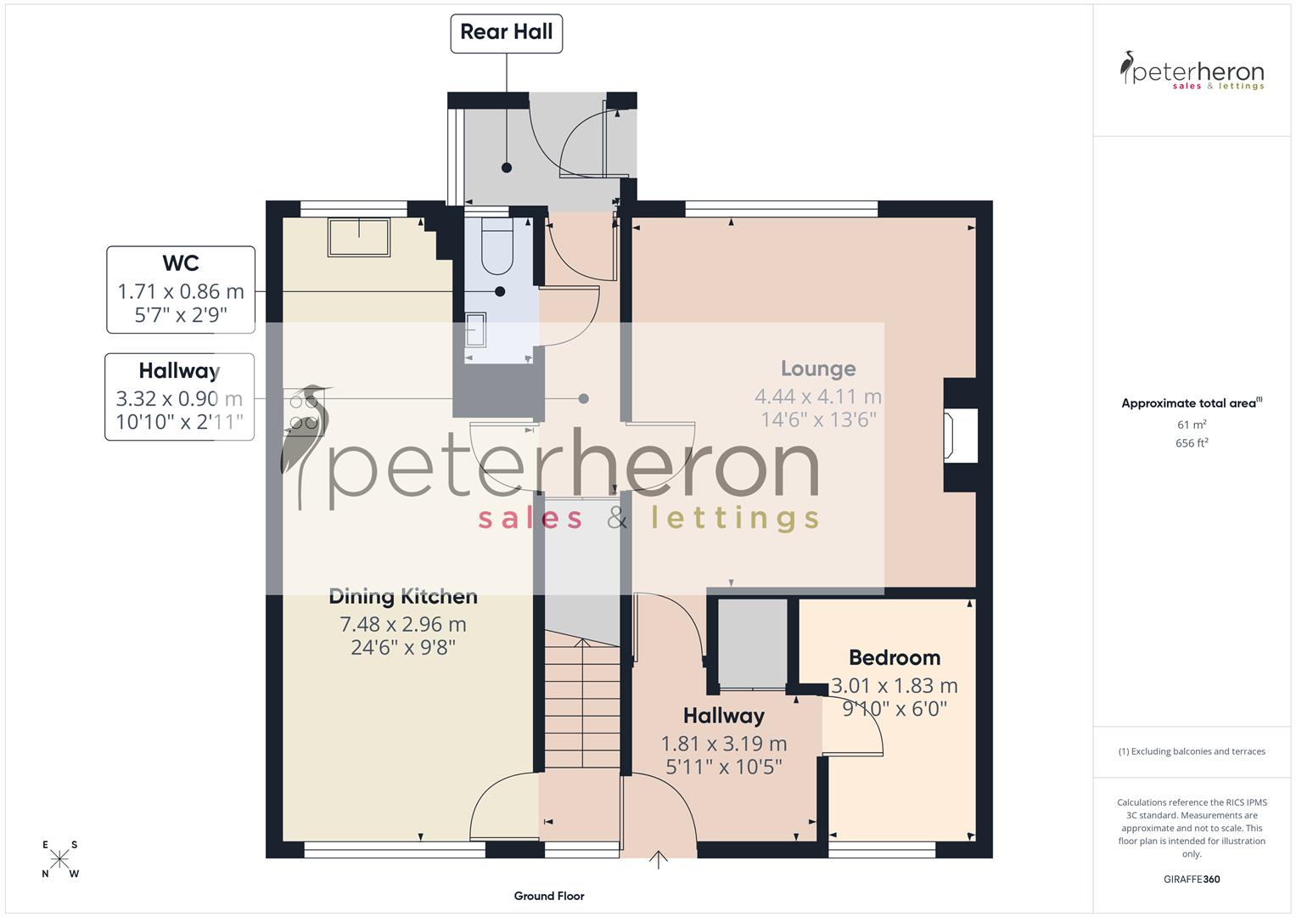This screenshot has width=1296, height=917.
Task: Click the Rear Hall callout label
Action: (x=506, y=33)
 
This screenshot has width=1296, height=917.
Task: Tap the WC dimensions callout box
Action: (x=181, y=290)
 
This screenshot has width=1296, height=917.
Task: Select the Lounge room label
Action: (x=818, y=368)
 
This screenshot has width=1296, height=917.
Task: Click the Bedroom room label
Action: (x=895, y=657)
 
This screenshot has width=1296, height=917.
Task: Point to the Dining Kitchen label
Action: (x=403, y=596)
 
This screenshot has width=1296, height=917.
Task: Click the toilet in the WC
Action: (x=497, y=246)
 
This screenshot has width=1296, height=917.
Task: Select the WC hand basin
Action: (x=476, y=330)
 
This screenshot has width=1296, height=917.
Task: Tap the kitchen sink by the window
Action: (x=359, y=237)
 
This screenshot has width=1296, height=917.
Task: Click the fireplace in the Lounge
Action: (x=962, y=435)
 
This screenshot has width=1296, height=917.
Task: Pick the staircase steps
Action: (x=582, y=705)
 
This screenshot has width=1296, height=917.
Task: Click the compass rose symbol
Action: (x=59, y=859)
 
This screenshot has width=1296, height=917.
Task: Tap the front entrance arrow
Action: (x=659, y=859)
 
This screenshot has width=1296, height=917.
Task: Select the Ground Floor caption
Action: (x=549, y=896)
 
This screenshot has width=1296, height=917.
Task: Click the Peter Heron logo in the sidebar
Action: (x=1192, y=70)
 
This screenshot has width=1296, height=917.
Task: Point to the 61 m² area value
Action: (x=1192, y=425)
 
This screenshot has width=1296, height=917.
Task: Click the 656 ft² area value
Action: (x=1192, y=443)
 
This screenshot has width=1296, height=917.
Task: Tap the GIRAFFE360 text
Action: (x=1192, y=880)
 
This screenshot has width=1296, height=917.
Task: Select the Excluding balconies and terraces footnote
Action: (x=1192, y=751)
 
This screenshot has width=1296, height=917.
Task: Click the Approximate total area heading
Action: (x=1190, y=403)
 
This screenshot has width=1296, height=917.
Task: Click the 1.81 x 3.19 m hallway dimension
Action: (x=724, y=744)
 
